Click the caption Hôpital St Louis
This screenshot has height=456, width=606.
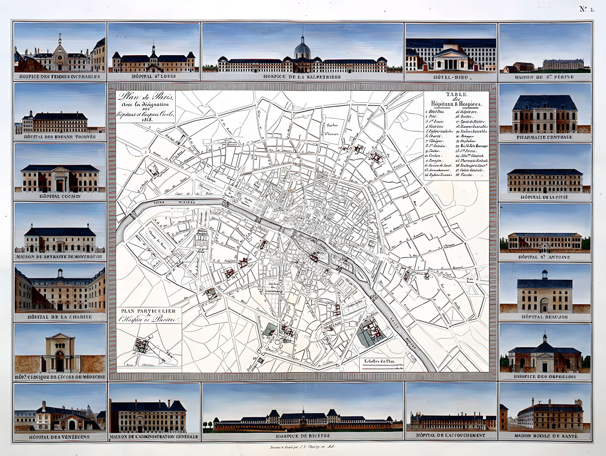click(x=154, y=76)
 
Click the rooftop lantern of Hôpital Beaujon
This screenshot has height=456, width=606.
click(x=545, y=274)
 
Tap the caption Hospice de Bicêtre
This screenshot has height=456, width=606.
click(x=302, y=435)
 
